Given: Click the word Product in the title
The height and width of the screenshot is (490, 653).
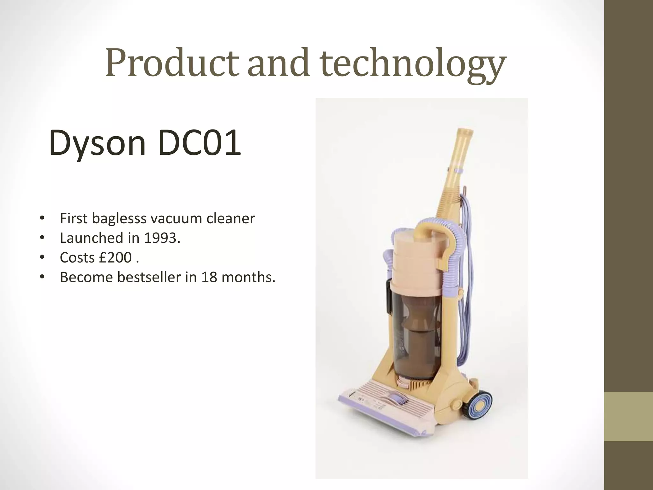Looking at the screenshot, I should [172, 63].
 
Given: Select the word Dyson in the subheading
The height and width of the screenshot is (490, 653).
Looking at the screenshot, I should [97, 143].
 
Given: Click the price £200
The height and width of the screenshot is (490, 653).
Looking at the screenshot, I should [115, 257].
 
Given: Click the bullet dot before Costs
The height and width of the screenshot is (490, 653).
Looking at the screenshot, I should [41, 257].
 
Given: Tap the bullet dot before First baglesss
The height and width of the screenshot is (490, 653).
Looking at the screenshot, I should [41, 219].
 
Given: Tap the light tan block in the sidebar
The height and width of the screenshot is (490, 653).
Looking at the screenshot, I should [628, 416].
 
